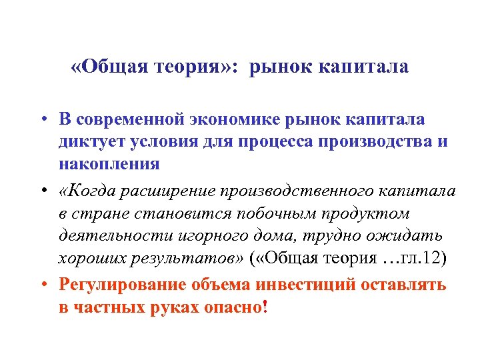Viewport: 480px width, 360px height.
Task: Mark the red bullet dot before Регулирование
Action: (x=42, y=283)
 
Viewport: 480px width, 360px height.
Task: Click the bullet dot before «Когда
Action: (x=42, y=192)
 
